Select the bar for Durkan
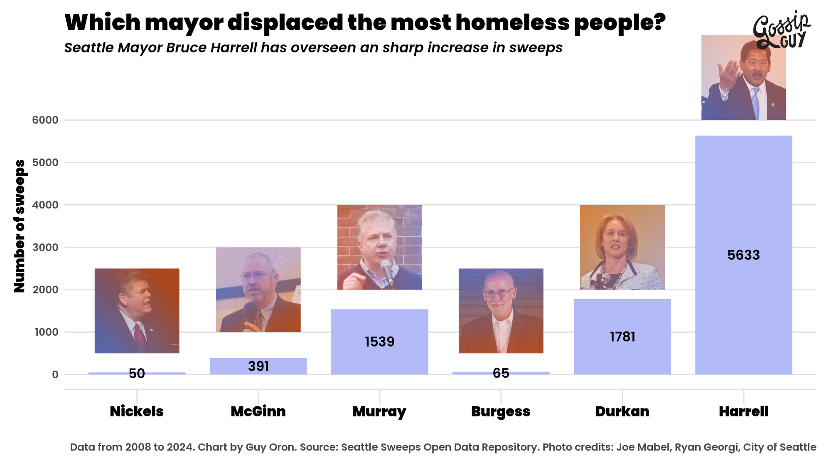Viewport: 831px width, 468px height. pos(622,354)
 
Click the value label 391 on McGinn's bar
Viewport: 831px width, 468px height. pos(258,366)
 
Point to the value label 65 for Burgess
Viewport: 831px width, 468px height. pos(501,373)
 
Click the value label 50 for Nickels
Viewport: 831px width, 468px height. pos(137,374)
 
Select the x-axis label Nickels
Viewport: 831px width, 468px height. pos(137,411)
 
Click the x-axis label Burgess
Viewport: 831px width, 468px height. pos(501,411)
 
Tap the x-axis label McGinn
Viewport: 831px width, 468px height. pos(258,411)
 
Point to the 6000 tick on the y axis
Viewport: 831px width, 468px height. pos(45,120)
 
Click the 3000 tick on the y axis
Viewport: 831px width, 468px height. pos(45,248)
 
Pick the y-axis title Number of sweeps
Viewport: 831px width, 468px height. pos(20,226)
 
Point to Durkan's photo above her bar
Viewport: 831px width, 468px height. pos(622,247)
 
